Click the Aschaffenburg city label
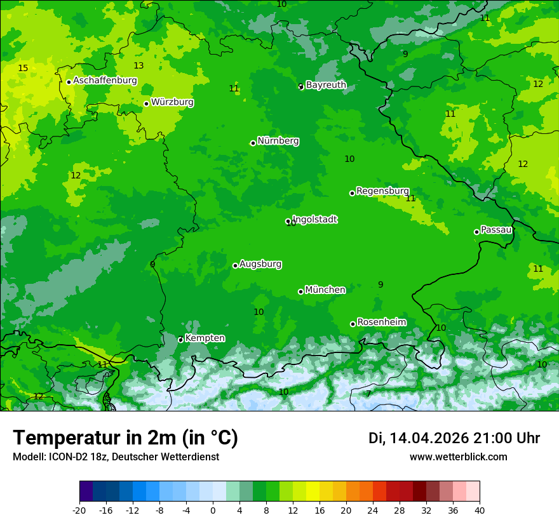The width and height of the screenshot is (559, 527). [x=105, y=81]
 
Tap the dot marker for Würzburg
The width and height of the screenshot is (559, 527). [x=146, y=103]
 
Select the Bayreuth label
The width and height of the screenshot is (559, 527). [x=326, y=84]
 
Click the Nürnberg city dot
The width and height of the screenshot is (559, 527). [x=253, y=143]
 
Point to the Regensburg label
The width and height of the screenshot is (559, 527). [x=382, y=190]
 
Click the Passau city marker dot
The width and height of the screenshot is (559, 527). [x=476, y=232]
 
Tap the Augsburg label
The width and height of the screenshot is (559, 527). [x=260, y=263]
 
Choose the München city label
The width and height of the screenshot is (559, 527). [x=325, y=290]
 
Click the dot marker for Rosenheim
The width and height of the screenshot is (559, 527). [x=353, y=324]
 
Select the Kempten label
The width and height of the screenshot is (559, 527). [x=205, y=338]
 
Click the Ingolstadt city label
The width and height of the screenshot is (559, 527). [x=315, y=219]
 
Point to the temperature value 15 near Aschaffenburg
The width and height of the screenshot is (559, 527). [x=23, y=68]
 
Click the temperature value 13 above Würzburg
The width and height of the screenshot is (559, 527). [x=138, y=65]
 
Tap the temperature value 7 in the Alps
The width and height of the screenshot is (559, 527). [x=368, y=394]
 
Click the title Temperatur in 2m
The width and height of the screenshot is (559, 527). [x=125, y=437]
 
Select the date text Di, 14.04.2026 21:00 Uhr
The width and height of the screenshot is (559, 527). [x=454, y=438]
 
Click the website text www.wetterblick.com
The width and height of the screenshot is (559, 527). [x=458, y=457]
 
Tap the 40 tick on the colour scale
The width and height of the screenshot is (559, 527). [x=480, y=510]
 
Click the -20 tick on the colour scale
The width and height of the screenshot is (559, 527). [x=79, y=510]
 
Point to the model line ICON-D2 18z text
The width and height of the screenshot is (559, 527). [x=116, y=457]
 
